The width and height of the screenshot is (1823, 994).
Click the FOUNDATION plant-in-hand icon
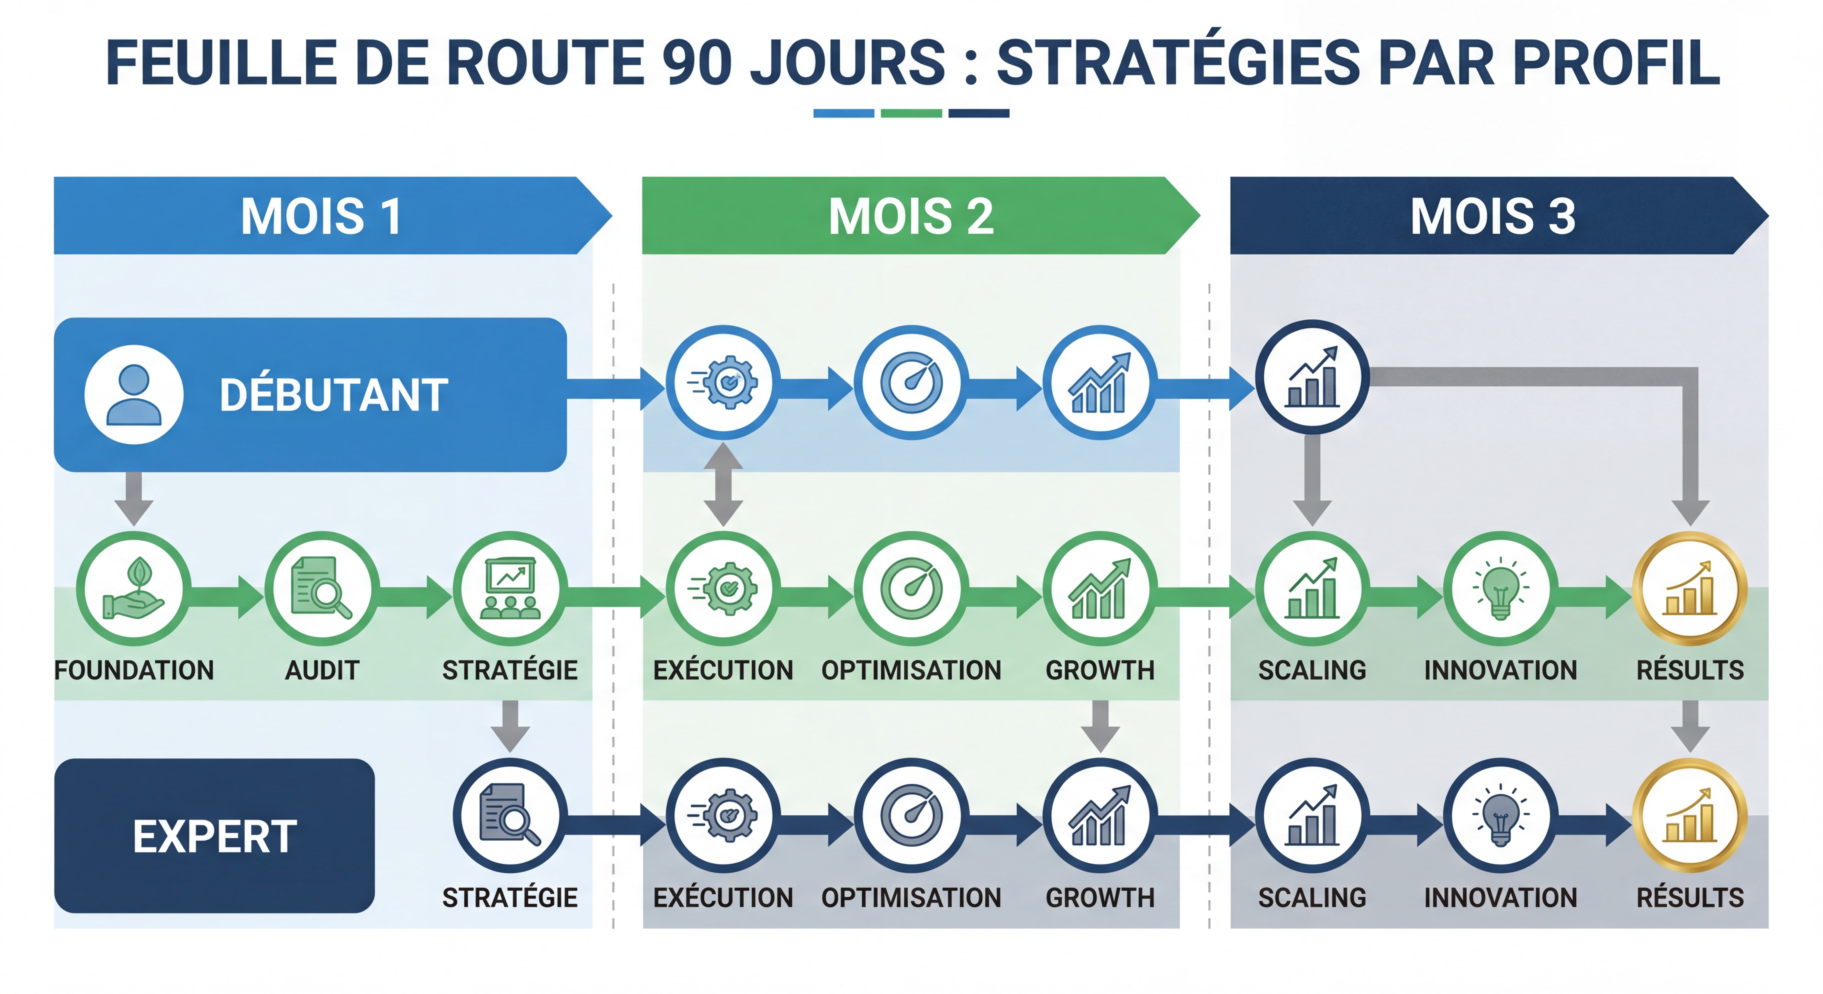pyautogui.click(x=134, y=589)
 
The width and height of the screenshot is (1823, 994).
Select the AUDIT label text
pyautogui.click(x=322, y=670)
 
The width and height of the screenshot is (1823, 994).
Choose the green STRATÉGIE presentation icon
pyautogui.click(x=510, y=589)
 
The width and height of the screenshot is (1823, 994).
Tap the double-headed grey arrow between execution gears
pyautogui.click(x=723, y=485)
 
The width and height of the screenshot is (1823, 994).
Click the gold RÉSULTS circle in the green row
pyautogui.click(x=1690, y=589)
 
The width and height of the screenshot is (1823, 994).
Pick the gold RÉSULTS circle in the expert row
pyautogui.click(x=1690, y=816)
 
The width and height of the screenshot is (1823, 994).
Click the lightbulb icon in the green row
pyautogui.click(x=1500, y=589)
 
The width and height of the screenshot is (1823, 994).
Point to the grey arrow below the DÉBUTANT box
pyautogui.click(x=134, y=497)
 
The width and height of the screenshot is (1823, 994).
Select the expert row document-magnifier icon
pyautogui.click(x=510, y=816)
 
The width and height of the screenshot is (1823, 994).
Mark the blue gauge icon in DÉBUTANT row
pyautogui.click(x=911, y=383)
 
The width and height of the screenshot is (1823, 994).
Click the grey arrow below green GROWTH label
pyautogui.click(x=1101, y=725)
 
